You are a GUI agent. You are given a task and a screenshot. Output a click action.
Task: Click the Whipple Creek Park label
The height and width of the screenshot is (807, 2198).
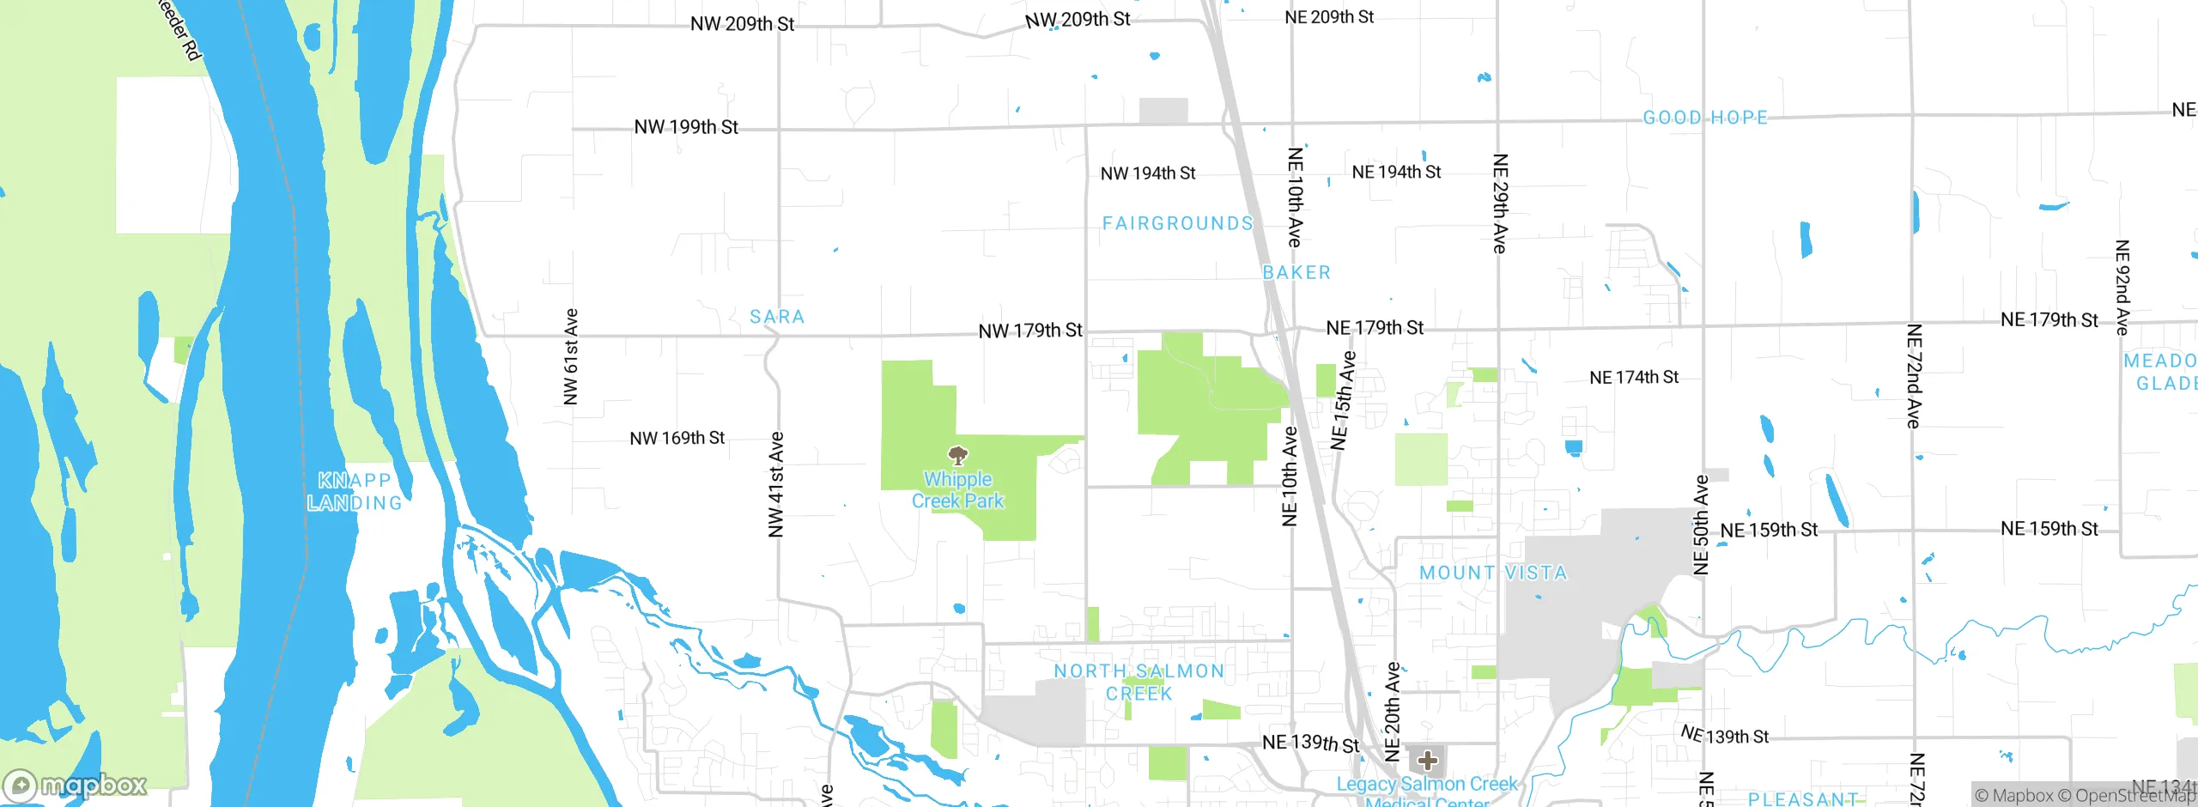957,490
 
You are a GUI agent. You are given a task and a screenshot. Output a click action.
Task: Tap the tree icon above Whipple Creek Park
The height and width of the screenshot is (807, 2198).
957,455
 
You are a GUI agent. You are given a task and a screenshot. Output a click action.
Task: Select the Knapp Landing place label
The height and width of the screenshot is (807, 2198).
355,491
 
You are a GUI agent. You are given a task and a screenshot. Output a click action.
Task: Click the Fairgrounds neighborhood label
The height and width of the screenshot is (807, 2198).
1177,223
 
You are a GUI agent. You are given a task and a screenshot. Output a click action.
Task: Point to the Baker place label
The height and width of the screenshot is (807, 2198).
1296,272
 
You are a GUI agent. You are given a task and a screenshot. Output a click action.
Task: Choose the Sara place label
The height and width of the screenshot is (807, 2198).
777,317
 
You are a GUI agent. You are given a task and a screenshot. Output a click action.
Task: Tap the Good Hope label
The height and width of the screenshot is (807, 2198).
1705,118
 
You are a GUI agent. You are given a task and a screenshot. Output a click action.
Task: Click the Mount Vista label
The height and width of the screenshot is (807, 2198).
1493,573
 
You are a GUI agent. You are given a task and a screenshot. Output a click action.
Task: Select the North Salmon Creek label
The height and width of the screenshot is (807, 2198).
1139,682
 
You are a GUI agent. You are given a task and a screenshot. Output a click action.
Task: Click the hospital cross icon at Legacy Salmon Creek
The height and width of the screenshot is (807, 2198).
1427,760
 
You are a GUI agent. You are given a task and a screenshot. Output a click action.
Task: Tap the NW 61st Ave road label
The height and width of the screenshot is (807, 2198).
571,356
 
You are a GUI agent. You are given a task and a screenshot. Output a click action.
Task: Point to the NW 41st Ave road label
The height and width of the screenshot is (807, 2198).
776,485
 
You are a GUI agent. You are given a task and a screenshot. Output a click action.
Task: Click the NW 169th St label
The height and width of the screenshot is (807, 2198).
677,439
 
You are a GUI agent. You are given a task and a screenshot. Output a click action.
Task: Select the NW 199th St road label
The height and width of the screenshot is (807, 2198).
686,127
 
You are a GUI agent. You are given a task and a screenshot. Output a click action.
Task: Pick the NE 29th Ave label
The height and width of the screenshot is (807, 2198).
1500,203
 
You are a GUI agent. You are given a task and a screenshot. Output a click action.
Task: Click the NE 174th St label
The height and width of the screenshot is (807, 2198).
1634,377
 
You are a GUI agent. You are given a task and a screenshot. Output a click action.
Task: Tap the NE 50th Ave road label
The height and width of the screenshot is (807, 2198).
1701,524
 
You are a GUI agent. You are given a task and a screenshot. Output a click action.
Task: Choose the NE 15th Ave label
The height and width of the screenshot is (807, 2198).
1343,400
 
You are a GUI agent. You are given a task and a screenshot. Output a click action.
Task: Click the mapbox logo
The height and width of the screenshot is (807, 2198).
76,785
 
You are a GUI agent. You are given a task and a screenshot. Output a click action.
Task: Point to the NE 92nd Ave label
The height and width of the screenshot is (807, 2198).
2122,288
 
